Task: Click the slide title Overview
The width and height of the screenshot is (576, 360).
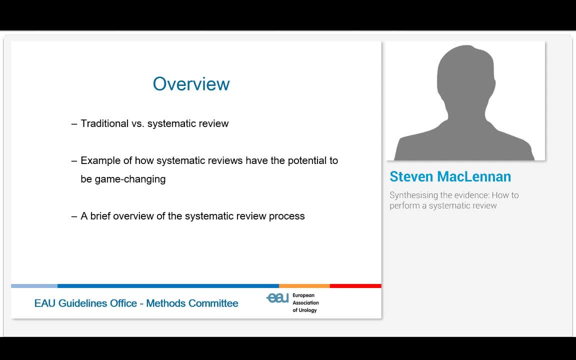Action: [x=191, y=84]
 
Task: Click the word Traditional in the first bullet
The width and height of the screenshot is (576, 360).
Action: [x=104, y=123]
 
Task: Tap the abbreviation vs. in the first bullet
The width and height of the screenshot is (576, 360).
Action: [x=137, y=123]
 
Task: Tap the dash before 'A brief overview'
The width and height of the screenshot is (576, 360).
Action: [x=74, y=216]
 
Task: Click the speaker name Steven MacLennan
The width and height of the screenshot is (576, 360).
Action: [x=450, y=176]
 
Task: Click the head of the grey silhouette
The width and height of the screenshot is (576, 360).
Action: [x=465, y=75]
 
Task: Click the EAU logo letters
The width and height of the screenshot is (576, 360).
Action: [x=277, y=298]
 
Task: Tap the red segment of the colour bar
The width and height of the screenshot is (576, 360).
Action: [x=355, y=286]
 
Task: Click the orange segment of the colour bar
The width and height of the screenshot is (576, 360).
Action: [x=304, y=286]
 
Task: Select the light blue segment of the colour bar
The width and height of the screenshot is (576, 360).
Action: [x=34, y=286]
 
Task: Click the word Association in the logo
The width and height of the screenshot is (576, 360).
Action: [x=305, y=303]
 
